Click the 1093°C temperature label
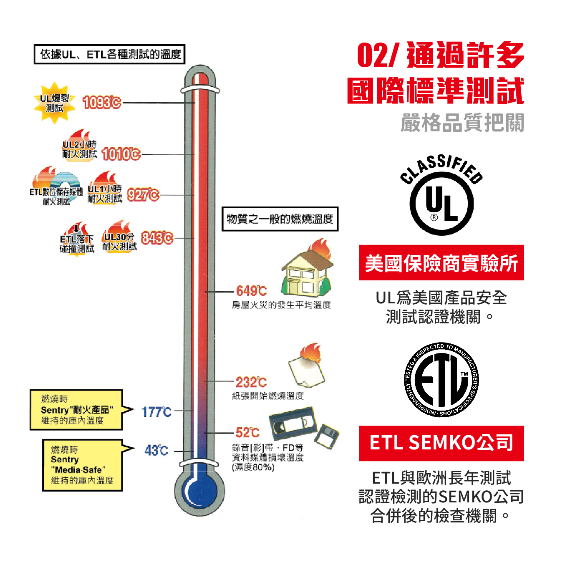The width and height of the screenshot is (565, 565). (102, 102)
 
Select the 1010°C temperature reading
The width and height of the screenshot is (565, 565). (121, 154)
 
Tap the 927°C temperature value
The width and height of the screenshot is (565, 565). (143, 195)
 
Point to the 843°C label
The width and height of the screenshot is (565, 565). (157, 238)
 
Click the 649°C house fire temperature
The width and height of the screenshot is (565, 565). (251, 291)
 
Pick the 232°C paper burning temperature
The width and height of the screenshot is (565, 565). (251, 382)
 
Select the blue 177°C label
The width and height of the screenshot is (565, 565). (156, 412)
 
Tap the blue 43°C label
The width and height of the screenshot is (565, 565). (156, 451)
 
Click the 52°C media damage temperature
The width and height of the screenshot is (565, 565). (247, 432)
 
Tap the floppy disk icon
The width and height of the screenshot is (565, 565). (326, 436)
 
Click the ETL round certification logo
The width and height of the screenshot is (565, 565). (441, 380)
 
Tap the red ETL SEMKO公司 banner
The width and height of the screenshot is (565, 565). (441, 443)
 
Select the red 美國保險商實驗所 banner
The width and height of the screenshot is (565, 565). (441, 263)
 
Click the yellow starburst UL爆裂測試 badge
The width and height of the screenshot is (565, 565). (55, 103)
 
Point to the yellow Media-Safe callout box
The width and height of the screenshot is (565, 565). (82, 465)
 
